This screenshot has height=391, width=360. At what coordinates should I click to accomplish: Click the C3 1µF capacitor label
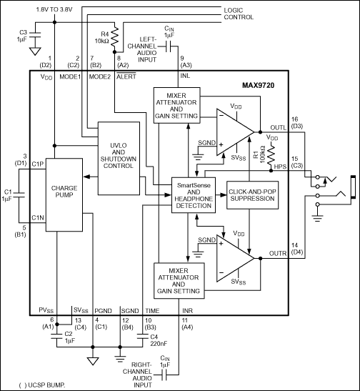click(x=23, y=36)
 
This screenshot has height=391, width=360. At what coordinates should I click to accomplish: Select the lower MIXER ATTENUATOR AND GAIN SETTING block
click(x=176, y=281)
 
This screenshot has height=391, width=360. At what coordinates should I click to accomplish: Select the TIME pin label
click(x=152, y=311)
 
